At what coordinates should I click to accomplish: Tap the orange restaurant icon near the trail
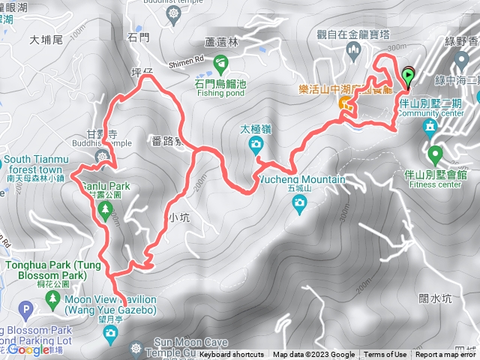346,103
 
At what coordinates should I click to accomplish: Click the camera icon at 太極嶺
256,143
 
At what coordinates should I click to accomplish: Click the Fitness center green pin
434,156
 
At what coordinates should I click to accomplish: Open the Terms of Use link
385,355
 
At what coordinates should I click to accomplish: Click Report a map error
446,355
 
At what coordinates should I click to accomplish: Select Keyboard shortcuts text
232,355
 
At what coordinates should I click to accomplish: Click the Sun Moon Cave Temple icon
135,348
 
